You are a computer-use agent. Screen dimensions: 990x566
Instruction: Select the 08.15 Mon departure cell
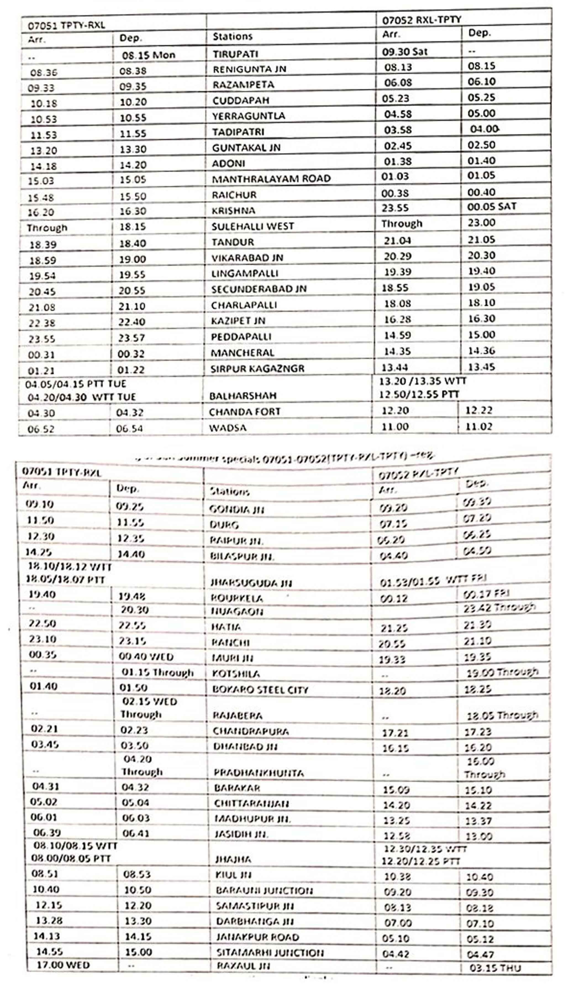149,55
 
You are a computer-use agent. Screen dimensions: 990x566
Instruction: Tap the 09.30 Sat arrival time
404,52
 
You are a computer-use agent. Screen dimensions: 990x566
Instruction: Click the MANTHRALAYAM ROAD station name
271,179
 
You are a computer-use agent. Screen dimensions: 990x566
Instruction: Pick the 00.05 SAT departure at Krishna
491,206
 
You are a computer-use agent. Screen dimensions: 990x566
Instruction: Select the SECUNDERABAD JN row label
259,289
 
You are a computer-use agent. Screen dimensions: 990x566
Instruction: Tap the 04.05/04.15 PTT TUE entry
76,384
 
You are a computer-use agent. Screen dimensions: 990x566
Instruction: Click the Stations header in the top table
233,36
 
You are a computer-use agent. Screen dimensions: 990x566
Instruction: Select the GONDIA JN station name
236,509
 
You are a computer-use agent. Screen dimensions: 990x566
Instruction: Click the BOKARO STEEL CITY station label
260,690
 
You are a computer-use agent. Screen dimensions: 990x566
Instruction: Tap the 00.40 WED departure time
146,657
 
